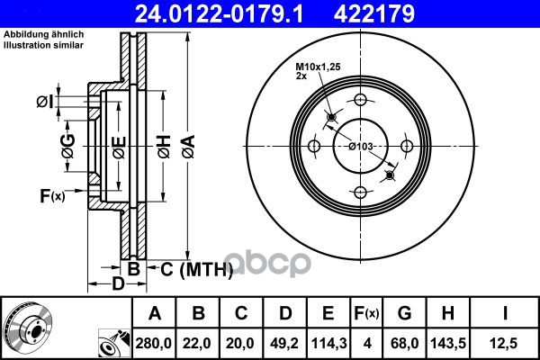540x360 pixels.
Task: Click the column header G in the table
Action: coord(404,313)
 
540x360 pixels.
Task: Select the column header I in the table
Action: coord(507,313)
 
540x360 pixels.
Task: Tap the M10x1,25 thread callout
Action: coord(319,68)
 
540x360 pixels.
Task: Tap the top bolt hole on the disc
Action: coord(360,100)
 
